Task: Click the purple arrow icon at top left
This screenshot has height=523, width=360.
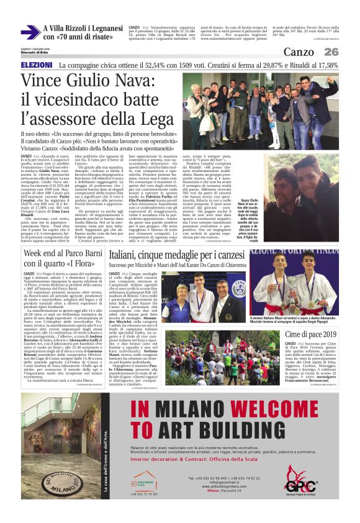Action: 30,32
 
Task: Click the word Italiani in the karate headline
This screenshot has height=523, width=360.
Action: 128,254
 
